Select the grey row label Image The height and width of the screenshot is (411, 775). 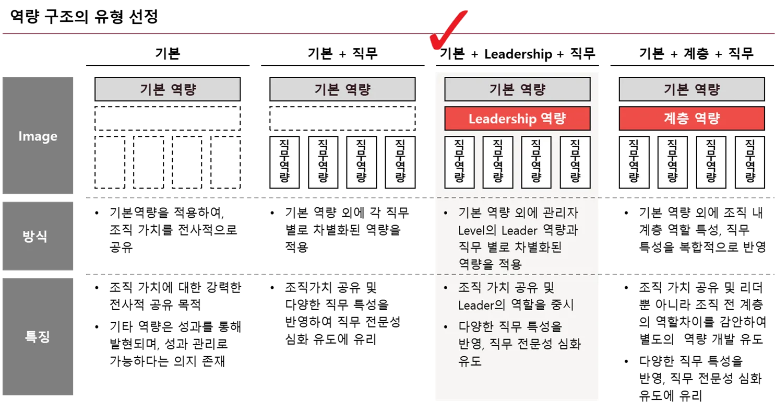[x=38, y=136]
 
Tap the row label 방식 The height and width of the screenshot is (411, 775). [x=38, y=236]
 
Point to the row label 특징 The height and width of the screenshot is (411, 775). [x=38, y=336]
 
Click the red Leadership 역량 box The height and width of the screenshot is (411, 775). [x=517, y=119]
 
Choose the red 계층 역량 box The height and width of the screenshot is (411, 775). [x=691, y=119]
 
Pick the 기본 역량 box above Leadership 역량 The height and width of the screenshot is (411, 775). [x=517, y=89]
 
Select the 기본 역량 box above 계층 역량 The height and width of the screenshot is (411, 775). [x=691, y=89]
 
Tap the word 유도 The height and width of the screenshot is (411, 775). [x=470, y=361]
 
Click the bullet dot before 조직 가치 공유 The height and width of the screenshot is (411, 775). [x=445, y=288]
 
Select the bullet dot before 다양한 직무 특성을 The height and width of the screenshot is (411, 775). [x=445, y=327]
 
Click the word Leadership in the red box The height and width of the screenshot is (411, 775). [x=498, y=119]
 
